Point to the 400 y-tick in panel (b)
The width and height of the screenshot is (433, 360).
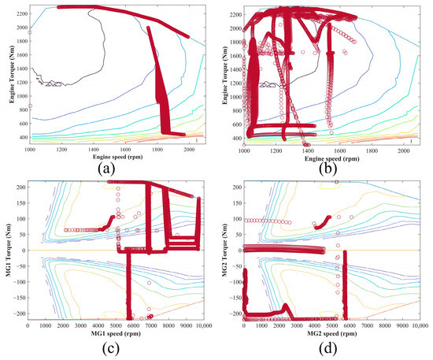click(234, 136)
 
